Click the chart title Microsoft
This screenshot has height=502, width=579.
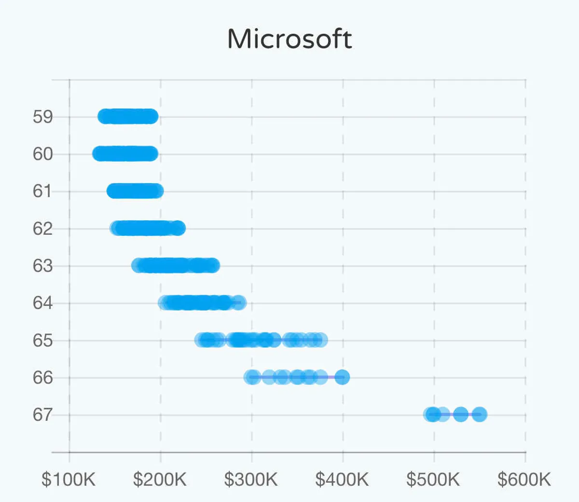(x=289, y=39)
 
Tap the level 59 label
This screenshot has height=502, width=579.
(x=42, y=117)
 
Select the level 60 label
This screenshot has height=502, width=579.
(x=42, y=154)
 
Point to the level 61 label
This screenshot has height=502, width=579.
(x=42, y=191)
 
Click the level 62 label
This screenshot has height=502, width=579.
(x=42, y=229)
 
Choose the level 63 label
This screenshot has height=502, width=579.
(x=42, y=266)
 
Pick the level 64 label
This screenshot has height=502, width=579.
(x=42, y=303)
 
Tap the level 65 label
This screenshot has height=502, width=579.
(x=42, y=341)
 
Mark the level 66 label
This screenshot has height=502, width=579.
(x=42, y=377)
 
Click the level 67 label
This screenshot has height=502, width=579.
(x=42, y=415)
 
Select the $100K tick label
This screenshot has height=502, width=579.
(x=69, y=480)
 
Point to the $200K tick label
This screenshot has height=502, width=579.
(x=160, y=480)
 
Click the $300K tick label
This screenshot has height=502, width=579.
(x=251, y=480)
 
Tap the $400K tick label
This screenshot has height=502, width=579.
(x=342, y=480)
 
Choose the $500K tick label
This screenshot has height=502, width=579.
(x=433, y=480)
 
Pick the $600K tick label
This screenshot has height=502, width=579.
(x=524, y=480)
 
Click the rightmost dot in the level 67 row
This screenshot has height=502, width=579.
(x=479, y=415)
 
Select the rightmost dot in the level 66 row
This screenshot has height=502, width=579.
(x=342, y=377)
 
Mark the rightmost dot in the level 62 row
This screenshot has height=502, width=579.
(x=178, y=228)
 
